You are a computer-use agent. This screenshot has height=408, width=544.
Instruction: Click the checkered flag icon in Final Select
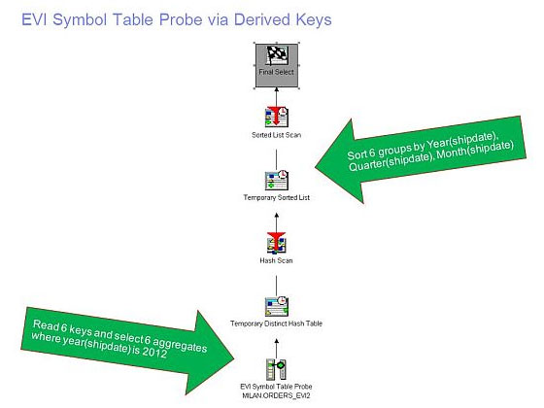coord(277,55)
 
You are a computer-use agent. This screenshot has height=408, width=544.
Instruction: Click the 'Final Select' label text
coord(276,72)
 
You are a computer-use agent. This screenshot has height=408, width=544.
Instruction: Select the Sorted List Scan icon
coord(277,117)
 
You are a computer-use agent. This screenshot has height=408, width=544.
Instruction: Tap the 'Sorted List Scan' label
coord(276,135)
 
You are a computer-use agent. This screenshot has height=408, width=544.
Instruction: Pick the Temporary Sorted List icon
coord(277,180)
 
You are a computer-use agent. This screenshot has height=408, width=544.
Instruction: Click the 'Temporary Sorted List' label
coord(277,197)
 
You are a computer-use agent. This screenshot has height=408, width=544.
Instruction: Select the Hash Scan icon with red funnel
coord(277,243)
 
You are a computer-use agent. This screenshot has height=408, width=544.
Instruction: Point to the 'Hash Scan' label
coord(276,260)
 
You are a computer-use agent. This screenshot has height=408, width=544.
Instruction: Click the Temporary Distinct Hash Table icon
coord(277,306)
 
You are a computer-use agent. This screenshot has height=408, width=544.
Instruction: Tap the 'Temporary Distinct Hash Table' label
coord(276,323)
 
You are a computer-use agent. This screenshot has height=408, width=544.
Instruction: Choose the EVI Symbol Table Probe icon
coord(276,369)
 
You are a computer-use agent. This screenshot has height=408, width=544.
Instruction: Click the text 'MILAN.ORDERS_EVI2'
coord(276,395)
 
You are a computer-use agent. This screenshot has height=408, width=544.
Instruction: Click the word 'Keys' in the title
coord(314,19)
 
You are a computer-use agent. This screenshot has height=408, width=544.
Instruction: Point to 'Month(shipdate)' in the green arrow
coord(475,150)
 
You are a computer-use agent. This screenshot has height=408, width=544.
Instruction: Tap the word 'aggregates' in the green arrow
coord(180,344)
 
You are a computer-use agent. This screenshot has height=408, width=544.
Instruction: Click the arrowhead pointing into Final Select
coord(277,89)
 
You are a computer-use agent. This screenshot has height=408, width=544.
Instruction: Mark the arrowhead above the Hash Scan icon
coord(277,216)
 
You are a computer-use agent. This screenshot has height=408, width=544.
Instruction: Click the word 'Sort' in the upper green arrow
coord(357,154)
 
